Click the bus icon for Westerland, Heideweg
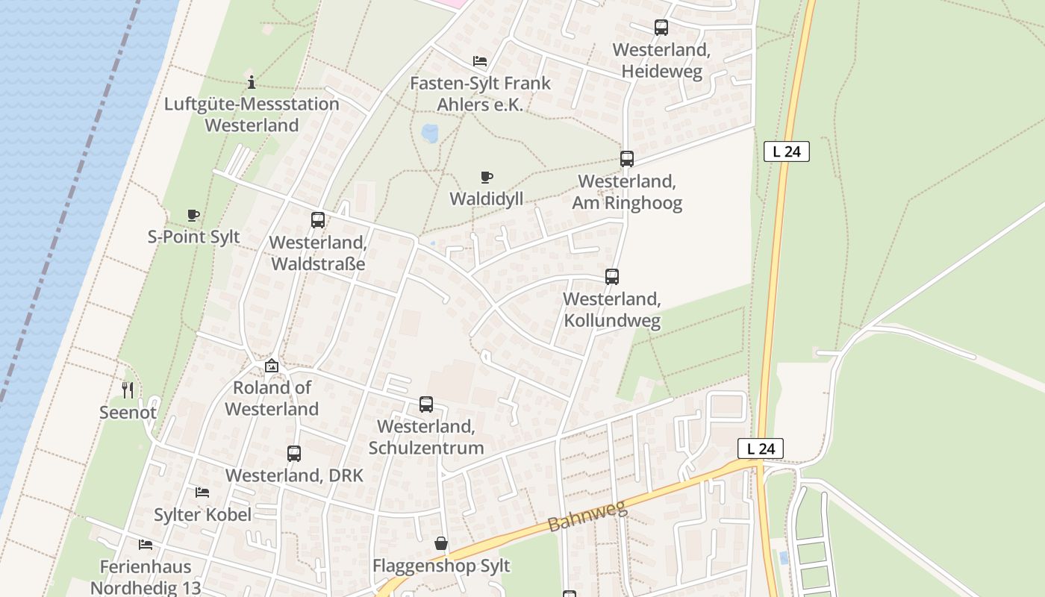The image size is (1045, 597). point(661,28)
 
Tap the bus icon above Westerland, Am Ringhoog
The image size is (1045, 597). point(626,158)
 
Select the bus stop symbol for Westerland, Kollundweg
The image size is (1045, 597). point(611,276)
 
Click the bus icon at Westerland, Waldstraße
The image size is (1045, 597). point(317,219)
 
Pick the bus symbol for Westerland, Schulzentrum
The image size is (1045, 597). point(425,404)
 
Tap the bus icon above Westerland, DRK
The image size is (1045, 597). point(293,453)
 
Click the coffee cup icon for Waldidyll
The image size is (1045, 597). point(486,177)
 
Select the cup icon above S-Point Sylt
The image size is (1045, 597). point(193,216)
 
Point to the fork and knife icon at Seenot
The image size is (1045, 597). point(128,390)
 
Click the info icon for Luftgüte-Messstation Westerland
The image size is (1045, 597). point(252,82)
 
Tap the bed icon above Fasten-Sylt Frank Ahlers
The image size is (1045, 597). point(479,61)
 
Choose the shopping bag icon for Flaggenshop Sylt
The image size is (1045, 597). point(441,543)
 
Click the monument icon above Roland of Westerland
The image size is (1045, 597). point(271,366)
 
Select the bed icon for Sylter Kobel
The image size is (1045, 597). point(202,493)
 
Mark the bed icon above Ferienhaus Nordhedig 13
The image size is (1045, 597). point(145,545)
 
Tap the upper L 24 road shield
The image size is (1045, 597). point(786,151)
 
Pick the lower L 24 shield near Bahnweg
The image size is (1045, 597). point(760,448)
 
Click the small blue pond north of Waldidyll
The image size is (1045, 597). point(430,134)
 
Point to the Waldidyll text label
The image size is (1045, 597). point(486,199)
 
